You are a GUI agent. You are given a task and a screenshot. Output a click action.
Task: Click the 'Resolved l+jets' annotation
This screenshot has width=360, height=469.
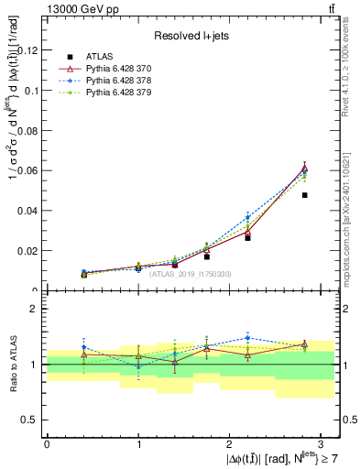[191, 36]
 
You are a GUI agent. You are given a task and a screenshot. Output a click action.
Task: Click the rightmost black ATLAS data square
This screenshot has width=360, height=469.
[305, 195]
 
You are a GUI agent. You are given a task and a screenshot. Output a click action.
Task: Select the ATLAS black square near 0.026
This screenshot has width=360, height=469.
[247, 237]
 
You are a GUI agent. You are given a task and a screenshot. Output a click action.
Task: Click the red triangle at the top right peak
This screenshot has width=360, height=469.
[305, 169]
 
